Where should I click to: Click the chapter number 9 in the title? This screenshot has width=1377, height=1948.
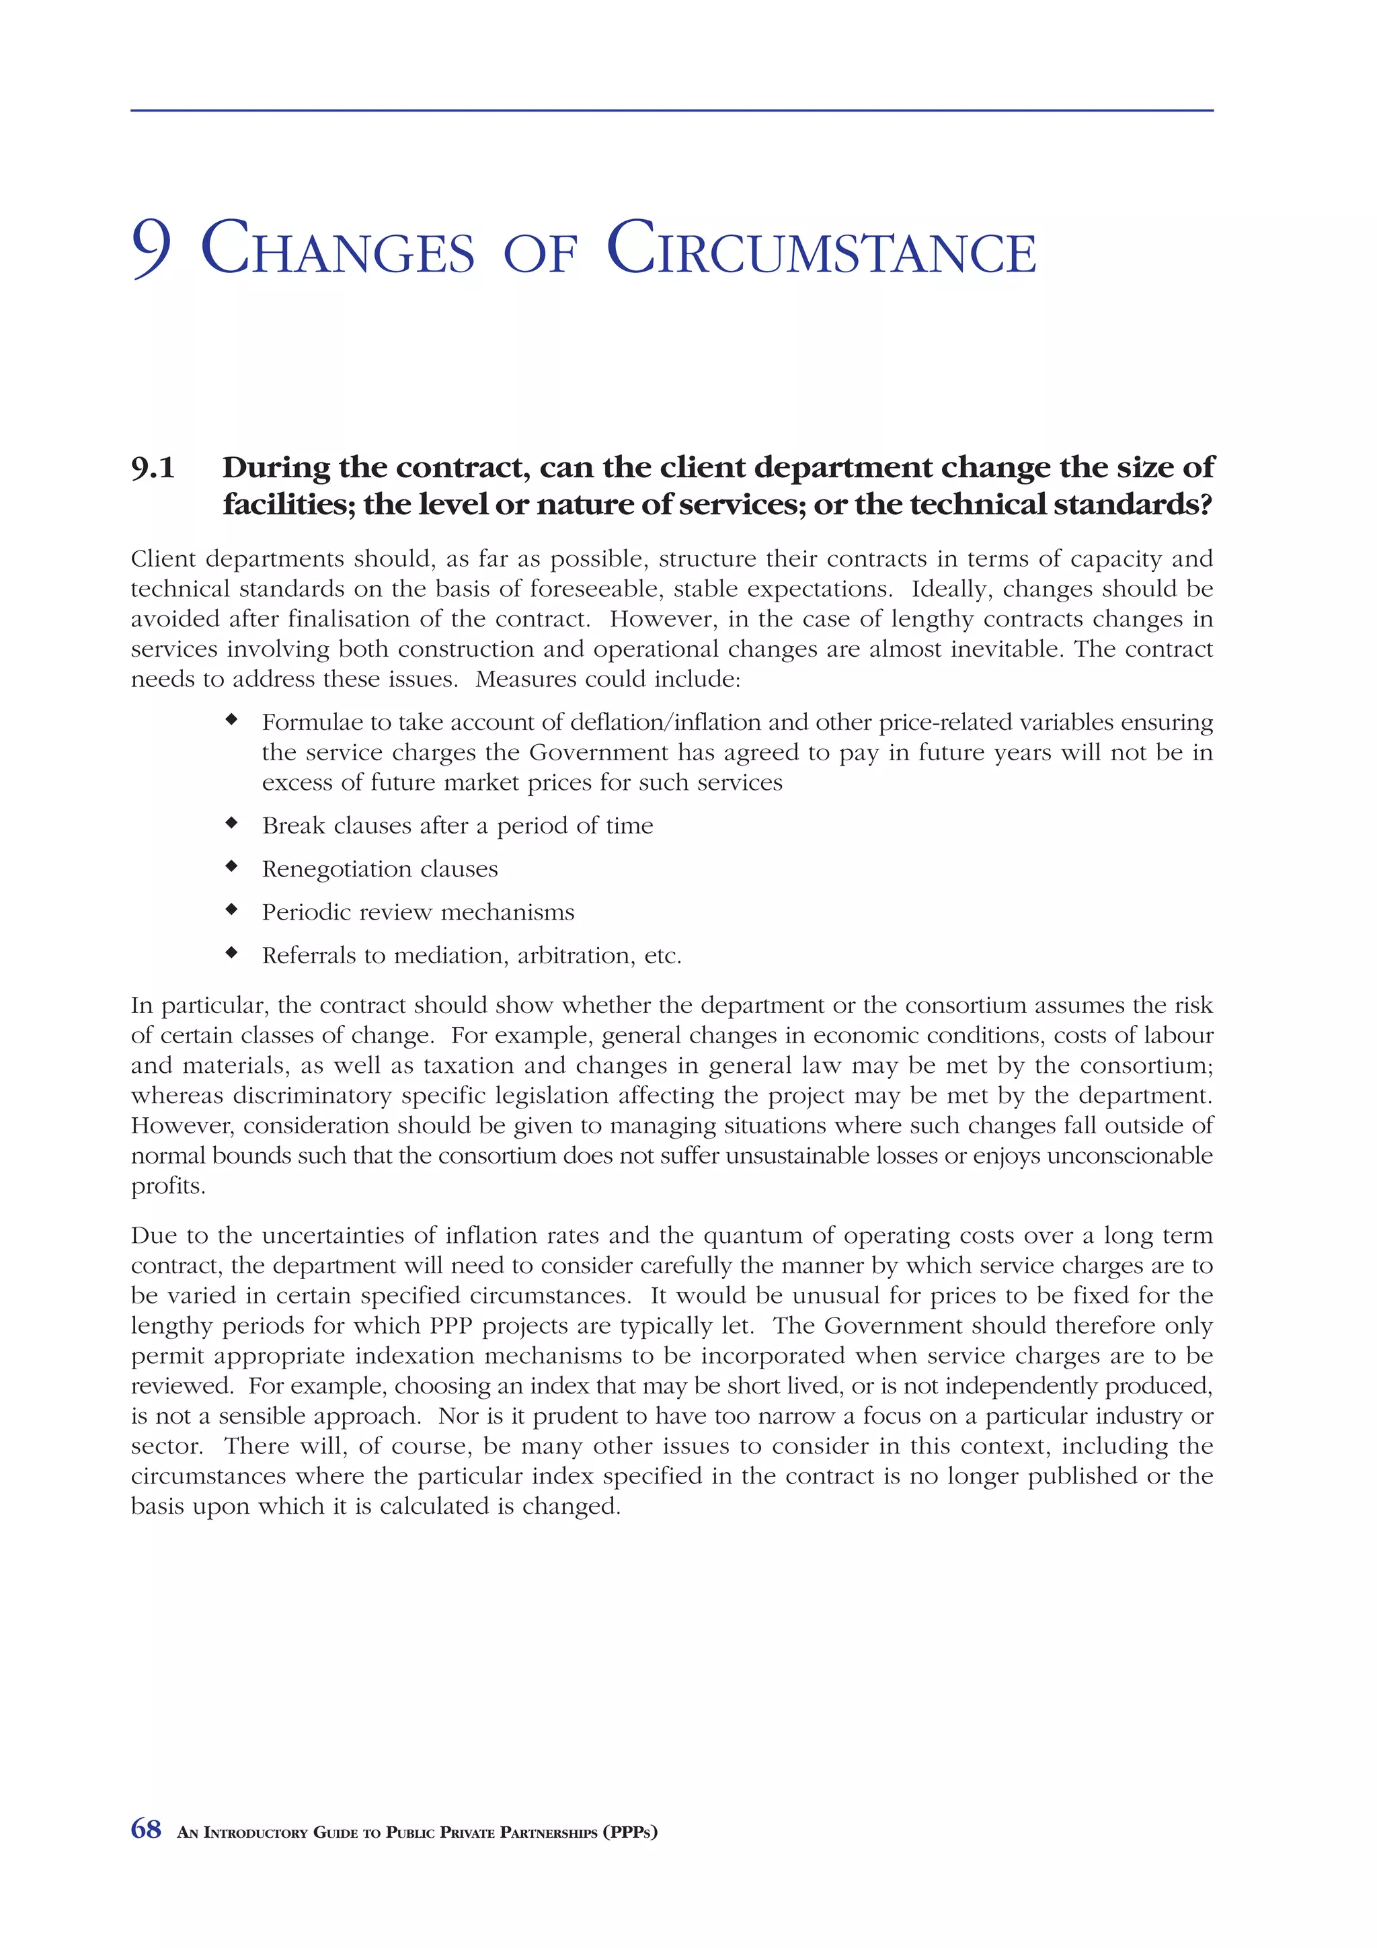click(x=152, y=249)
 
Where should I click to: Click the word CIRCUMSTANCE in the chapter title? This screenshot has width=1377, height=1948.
click(x=820, y=249)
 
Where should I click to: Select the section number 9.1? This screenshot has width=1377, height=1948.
click(x=153, y=467)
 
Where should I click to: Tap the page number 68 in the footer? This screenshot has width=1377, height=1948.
click(x=146, y=1829)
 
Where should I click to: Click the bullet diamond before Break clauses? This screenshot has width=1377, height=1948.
click(x=231, y=823)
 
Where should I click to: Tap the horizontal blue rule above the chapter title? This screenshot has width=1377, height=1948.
click(x=671, y=110)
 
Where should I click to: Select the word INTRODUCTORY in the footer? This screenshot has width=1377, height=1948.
click(x=255, y=1832)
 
